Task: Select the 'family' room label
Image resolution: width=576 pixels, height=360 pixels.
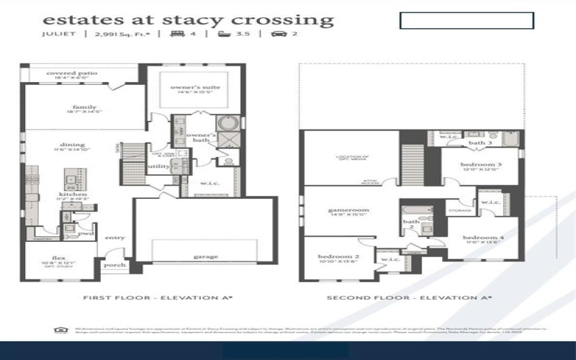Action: click(x=84, y=107)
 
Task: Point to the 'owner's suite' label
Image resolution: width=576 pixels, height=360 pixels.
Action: click(x=195, y=87)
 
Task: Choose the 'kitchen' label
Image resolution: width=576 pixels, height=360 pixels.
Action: click(x=73, y=194)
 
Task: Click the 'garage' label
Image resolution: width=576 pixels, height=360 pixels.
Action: click(x=205, y=256)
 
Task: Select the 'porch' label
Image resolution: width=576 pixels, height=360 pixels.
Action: click(x=115, y=265)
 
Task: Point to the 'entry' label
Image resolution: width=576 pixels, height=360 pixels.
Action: click(x=114, y=238)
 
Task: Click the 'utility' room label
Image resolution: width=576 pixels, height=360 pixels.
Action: click(x=158, y=166)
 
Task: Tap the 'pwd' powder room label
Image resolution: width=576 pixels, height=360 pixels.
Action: click(x=86, y=233)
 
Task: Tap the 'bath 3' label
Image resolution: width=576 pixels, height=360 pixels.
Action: click(x=480, y=143)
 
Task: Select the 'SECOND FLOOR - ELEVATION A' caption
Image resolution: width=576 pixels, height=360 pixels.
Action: click(x=408, y=297)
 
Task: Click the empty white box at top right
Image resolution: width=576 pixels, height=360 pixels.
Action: click(x=467, y=20)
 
